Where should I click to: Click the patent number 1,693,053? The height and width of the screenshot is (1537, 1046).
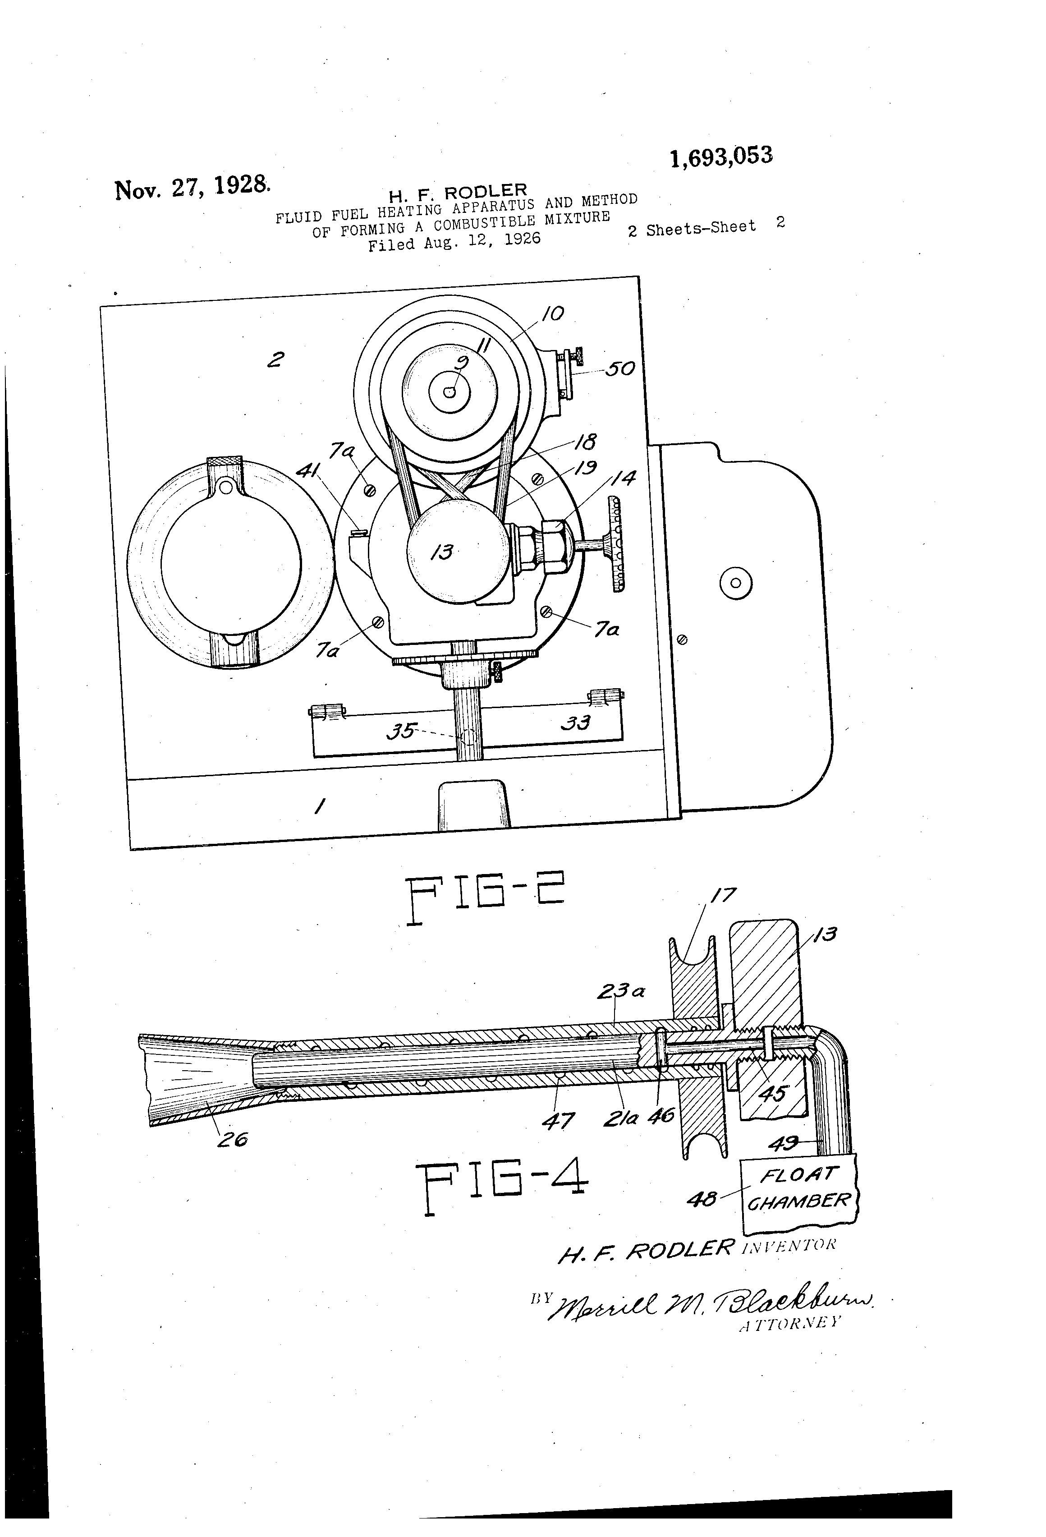point(720,157)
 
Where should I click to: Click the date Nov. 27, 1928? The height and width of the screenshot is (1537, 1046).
point(192,187)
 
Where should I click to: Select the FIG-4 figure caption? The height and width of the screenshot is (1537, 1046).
point(501,1187)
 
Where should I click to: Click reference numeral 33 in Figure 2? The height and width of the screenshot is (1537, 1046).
point(575,722)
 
